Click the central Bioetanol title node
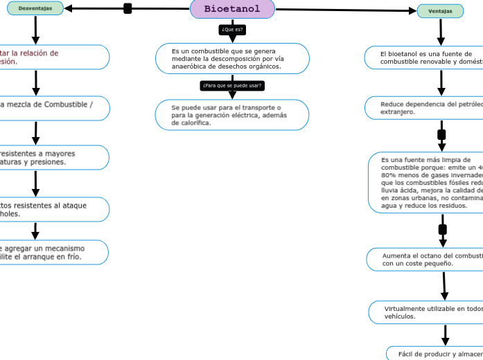point(232,9)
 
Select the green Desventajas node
point(35,8)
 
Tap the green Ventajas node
point(441,11)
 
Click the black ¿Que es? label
point(232,30)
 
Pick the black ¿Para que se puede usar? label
point(232,86)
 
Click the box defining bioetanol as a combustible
point(232,59)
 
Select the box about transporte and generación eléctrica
point(232,115)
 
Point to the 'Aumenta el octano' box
point(425,260)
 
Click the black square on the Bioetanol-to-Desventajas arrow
point(128,8)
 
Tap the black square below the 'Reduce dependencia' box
point(441,134)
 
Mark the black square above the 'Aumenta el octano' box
point(443,229)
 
